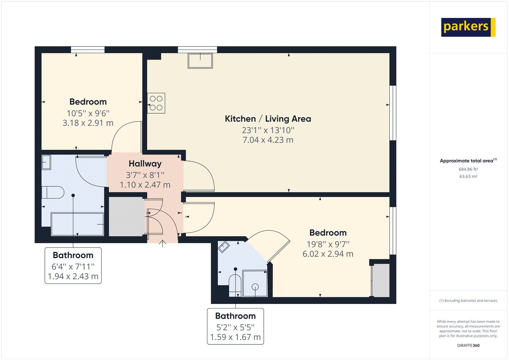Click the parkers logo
pyautogui.click(x=468, y=27)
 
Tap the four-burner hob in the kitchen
pyautogui.click(x=156, y=103)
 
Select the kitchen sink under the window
pyautogui.click(x=200, y=61)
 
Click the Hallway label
pyautogui.click(x=145, y=164)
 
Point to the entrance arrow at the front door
pyautogui.click(x=163, y=244)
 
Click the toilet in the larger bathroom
pyautogui.click(x=53, y=192)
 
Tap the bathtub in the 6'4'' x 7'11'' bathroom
pyautogui.click(x=77, y=224)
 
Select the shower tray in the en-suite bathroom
pyautogui.click(x=255, y=283)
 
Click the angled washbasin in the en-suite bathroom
pyautogui.click(x=224, y=247)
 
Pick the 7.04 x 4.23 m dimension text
pyautogui.click(x=268, y=140)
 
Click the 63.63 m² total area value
pyautogui.click(x=468, y=176)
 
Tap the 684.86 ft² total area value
pyautogui.click(x=468, y=169)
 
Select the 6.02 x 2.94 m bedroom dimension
pyautogui.click(x=328, y=254)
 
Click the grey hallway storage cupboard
pyautogui.click(x=126, y=216)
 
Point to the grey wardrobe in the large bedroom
pyautogui.click(x=381, y=280)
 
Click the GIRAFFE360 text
pyautogui.click(x=468, y=345)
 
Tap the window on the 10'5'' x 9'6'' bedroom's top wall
pyautogui.click(x=88, y=50)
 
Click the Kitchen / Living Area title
pyautogui.click(x=268, y=119)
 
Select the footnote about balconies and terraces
pyautogui.click(x=468, y=300)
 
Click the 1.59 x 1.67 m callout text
pyautogui.click(x=235, y=337)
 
